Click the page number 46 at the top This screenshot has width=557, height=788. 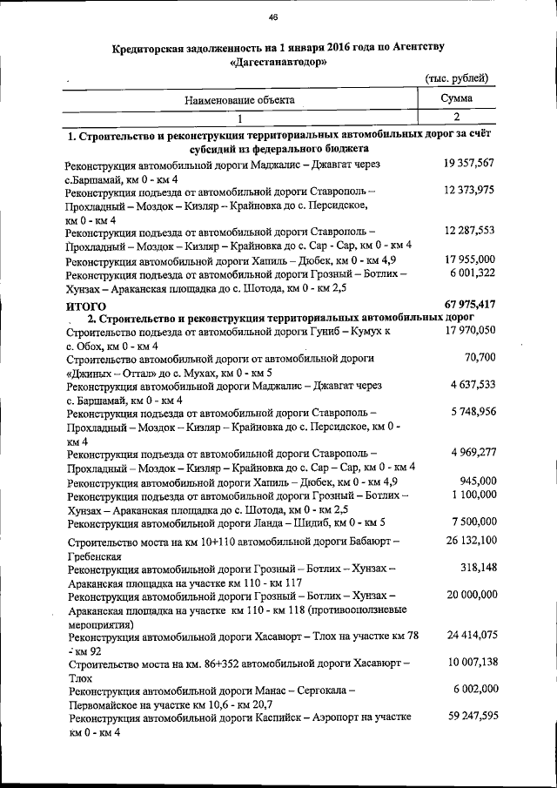point(273,17)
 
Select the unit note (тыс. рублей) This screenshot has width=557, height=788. point(456,79)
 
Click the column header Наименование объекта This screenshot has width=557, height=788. point(238,100)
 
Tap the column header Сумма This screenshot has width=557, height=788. point(456,99)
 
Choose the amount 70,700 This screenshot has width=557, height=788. point(480,357)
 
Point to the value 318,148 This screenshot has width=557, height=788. point(477,568)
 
